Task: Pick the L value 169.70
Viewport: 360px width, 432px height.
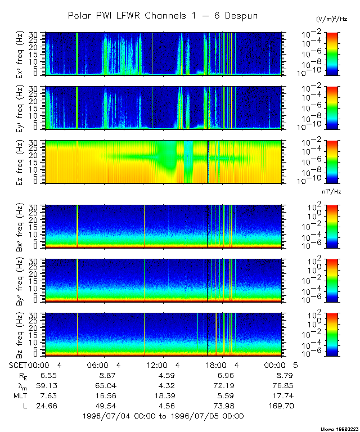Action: [x=281, y=406]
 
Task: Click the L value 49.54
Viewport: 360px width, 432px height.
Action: [x=104, y=406]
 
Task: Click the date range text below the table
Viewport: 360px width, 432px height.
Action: [x=163, y=416]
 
